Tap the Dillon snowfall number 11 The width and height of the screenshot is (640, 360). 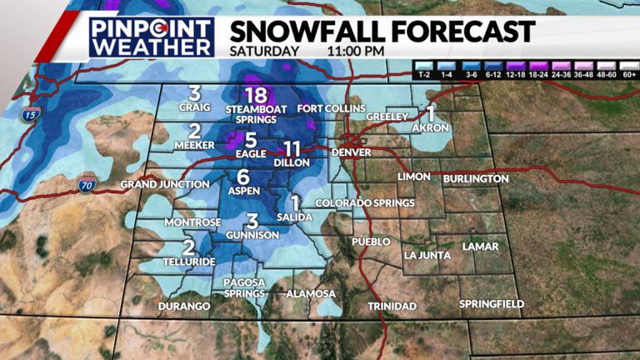click(291, 149)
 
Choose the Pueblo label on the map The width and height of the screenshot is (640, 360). click(371, 242)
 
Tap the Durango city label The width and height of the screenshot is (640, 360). click(183, 307)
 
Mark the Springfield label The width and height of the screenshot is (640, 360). click(492, 304)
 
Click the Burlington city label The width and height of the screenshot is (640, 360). click(476, 179)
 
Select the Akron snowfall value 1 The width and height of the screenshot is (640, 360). click(431, 113)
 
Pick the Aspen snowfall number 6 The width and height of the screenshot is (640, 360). click(243, 177)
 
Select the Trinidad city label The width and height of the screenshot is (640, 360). click(392, 307)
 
